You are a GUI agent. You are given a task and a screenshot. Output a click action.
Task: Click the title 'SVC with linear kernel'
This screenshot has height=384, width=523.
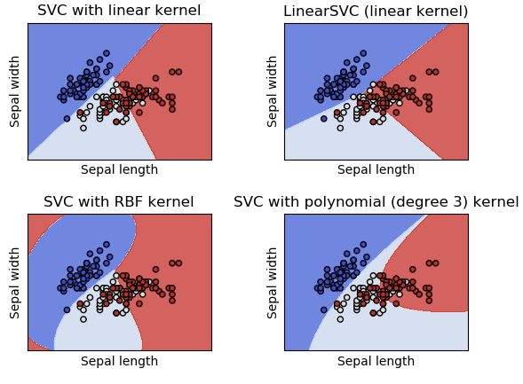pyautogui.click(x=119, y=12)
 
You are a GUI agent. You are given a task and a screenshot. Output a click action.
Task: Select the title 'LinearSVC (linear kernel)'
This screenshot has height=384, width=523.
pyautogui.click(x=376, y=12)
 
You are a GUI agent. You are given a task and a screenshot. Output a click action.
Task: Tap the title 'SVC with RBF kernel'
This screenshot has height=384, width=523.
pyautogui.click(x=119, y=202)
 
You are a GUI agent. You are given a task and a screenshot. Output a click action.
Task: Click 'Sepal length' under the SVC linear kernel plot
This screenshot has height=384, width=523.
pyautogui.click(x=119, y=170)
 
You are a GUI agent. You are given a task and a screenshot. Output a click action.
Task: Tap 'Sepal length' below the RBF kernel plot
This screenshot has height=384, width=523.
pyautogui.click(x=119, y=361)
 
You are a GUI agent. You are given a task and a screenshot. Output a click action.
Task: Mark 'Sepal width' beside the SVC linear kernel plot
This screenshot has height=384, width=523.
pyautogui.click(x=16, y=91)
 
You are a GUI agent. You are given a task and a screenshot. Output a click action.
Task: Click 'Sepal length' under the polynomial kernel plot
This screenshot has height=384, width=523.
pyautogui.click(x=376, y=361)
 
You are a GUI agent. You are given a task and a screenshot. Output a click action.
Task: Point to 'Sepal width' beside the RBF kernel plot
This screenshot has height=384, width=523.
pyautogui.click(x=16, y=282)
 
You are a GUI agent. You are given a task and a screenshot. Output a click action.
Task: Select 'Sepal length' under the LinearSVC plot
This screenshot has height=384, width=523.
pyautogui.click(x=376, y=170)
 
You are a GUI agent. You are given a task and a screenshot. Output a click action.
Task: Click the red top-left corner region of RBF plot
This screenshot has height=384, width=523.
pyautogui.click(x=33, y=222)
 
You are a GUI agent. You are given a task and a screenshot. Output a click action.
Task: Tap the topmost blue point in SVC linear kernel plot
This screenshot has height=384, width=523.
pyautogui.click(x=107, y=53)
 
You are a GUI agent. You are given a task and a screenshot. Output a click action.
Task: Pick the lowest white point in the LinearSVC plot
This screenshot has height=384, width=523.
pyautogui.click(x=340, y=128)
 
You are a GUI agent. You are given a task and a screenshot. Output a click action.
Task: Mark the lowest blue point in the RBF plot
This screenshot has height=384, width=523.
pyautogui.click(x=67, y=310)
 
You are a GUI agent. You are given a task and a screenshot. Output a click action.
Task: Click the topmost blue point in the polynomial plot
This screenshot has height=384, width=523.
pyautogui.click(x=363, y=244)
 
